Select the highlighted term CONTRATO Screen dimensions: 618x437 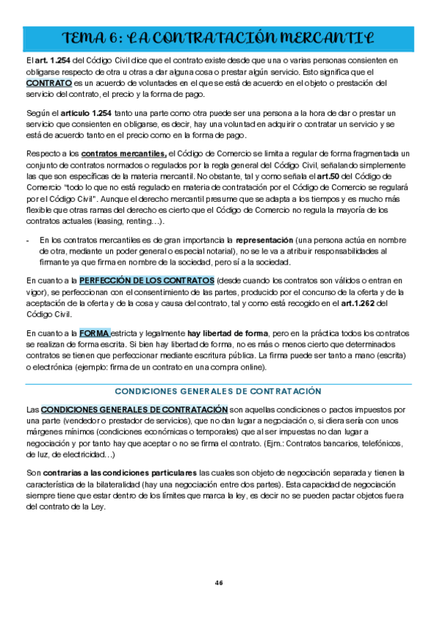point(48,84)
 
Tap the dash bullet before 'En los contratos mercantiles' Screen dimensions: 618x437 point(28,239)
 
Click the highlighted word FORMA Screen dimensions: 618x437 point(95,333)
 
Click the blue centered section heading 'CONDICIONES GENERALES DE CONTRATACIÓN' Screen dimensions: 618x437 point(218,391)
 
